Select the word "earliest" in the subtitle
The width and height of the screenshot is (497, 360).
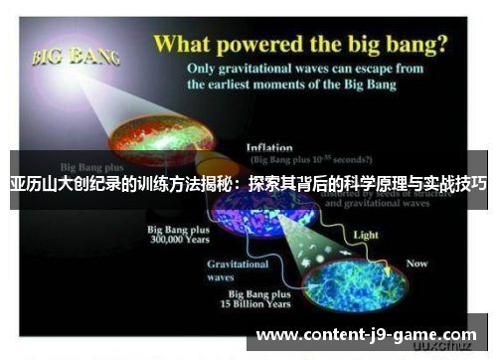pyautogui.click(x=260, y=85)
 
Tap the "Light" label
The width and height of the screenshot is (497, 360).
pyautogui.click(x=366, y=235)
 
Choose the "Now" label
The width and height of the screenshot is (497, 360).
pyautogui.click(x=417, y=264)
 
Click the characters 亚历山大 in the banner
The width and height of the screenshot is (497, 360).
pyautogui.click(x=40, y=184)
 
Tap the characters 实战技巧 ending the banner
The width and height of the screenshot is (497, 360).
pyautogui.click(x=454, y=184)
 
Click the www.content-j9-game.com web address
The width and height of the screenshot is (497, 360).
pyautogui.click(x=366, y=335)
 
